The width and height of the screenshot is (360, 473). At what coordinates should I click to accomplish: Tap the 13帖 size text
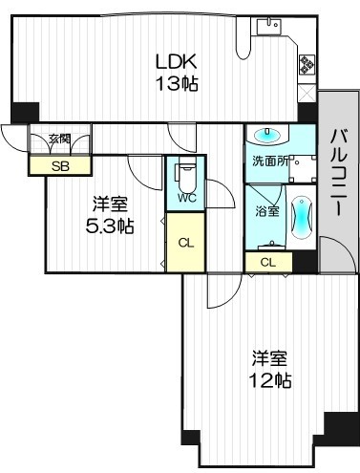tap(178, 83)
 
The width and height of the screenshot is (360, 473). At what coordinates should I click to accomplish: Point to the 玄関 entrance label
tap(59, 140)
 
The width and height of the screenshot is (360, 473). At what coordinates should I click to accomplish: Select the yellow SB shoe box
tap(58, 165)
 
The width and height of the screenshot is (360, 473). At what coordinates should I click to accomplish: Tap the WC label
tap(185, 199)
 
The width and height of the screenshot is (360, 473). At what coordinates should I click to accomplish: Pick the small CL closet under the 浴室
tap(268, 262)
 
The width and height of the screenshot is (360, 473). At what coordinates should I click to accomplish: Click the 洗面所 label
tap(268, 161)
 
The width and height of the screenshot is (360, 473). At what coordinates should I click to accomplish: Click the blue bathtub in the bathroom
tap(301, 218)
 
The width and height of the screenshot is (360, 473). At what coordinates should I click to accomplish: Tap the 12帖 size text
tap(270, 380)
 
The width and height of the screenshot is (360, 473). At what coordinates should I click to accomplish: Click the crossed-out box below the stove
tap(307, 94)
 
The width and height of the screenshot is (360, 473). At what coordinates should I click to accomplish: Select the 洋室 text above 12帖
tap(269, 359)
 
